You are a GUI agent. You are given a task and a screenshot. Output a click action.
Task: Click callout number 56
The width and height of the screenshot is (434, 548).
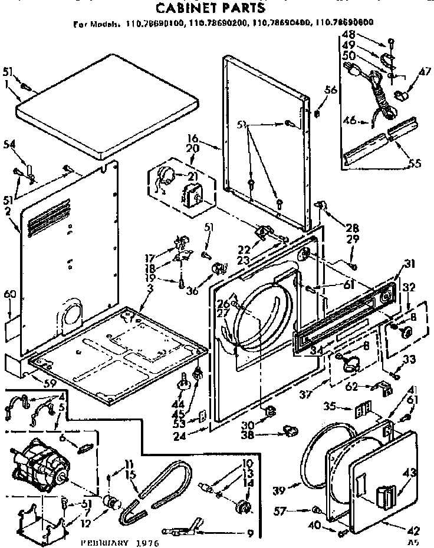pos(331,89)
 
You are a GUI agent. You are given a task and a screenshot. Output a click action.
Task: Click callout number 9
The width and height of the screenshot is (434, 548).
pos(250,534)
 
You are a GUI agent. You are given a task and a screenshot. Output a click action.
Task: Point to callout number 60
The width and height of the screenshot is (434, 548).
pos(9,294)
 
